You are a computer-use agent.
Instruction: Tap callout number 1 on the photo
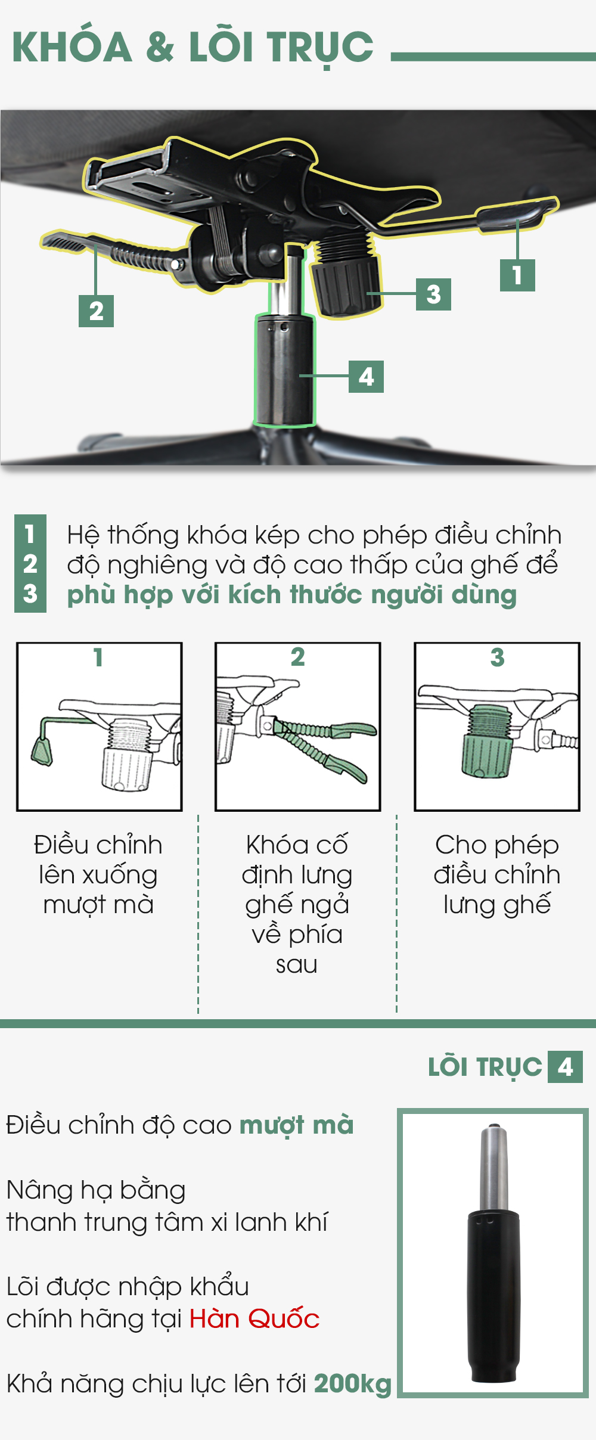(x=517, y=275)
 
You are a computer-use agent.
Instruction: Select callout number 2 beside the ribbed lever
(x=96, y=311)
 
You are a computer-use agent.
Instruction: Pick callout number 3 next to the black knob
(x=433, y=294)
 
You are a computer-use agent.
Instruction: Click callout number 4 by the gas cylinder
(x=366, y=376)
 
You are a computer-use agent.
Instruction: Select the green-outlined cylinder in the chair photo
(x=284, y=370)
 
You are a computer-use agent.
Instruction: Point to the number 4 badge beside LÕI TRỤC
(x=565, y=1066)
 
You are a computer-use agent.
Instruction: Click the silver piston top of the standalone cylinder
(x=495, y=1168)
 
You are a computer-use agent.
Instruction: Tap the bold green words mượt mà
(x=297, y=1125)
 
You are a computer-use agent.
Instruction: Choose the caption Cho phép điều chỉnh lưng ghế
(x=497, y=874)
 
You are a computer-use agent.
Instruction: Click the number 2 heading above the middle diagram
(x=297, y=657)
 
